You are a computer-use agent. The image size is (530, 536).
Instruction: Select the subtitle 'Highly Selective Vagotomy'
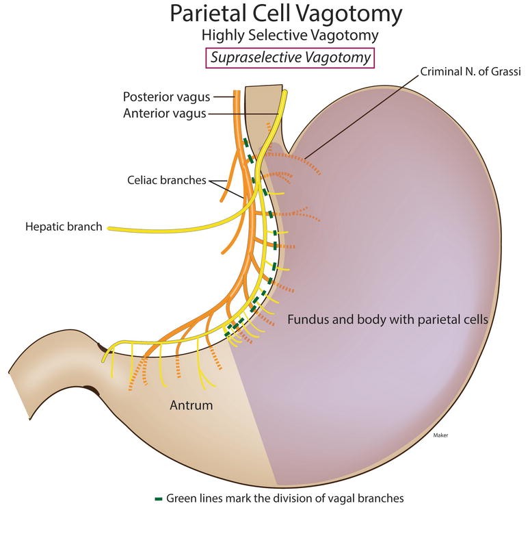coord(290,34)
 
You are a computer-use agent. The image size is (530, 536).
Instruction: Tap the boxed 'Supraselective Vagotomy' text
coord(290,58)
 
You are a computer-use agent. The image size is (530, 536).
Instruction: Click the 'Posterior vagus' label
coord(166,97)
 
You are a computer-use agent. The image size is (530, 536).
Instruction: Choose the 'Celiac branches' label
coord(166,181)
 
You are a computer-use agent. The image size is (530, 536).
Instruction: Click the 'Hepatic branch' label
coord(64,227)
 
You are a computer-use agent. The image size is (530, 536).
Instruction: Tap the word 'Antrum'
coord(191,405)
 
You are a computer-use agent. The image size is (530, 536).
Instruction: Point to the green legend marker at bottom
coord(159,498)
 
